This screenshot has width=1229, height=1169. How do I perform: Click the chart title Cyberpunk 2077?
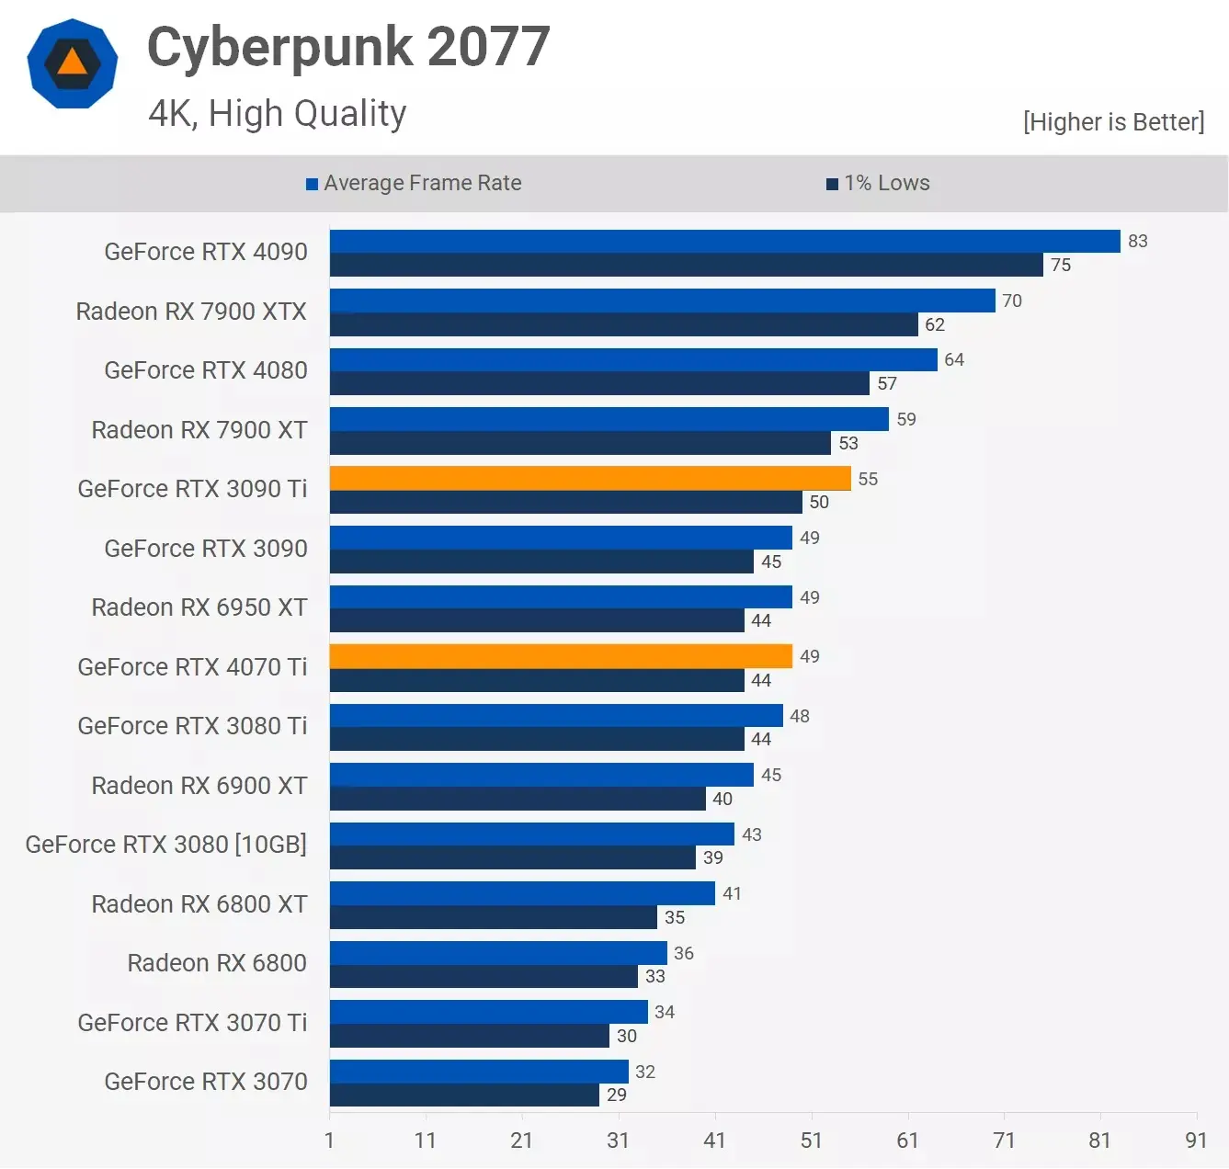pos(348,47)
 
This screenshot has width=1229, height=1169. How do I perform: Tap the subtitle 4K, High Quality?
pos(277,114)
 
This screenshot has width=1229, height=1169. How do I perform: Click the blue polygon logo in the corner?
pos(73,63)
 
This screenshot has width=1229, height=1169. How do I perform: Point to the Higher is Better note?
pos(1113,122)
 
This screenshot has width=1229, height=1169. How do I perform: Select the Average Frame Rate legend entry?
pos(414,183)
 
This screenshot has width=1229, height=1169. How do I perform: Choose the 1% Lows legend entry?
pos(878,183)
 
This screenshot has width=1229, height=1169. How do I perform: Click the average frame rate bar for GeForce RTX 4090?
pos(724,241)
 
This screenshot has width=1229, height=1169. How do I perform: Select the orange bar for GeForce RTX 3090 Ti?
pos(590,478)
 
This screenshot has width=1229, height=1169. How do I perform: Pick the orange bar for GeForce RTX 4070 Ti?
pos(561,656)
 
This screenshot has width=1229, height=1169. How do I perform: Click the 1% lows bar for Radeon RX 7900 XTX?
pos(623,324)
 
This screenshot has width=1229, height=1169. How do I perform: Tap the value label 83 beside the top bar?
pos(1137,241)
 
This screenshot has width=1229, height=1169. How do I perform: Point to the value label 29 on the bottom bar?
pos(617,1095)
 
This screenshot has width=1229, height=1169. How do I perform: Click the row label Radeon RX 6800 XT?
pos(199,904)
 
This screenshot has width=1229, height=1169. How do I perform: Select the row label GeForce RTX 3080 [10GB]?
pos(166,845)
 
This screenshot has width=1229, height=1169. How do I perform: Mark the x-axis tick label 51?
pos(811,1141)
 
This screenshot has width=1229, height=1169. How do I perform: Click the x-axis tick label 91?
pos(1195,1141)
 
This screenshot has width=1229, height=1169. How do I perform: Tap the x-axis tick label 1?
pos(329,1141)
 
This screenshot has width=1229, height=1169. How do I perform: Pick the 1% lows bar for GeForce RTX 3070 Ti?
pos(469,1036)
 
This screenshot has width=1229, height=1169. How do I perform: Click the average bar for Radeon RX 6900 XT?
pos(541,775)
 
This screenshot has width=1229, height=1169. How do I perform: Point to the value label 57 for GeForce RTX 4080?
pos(886,383)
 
